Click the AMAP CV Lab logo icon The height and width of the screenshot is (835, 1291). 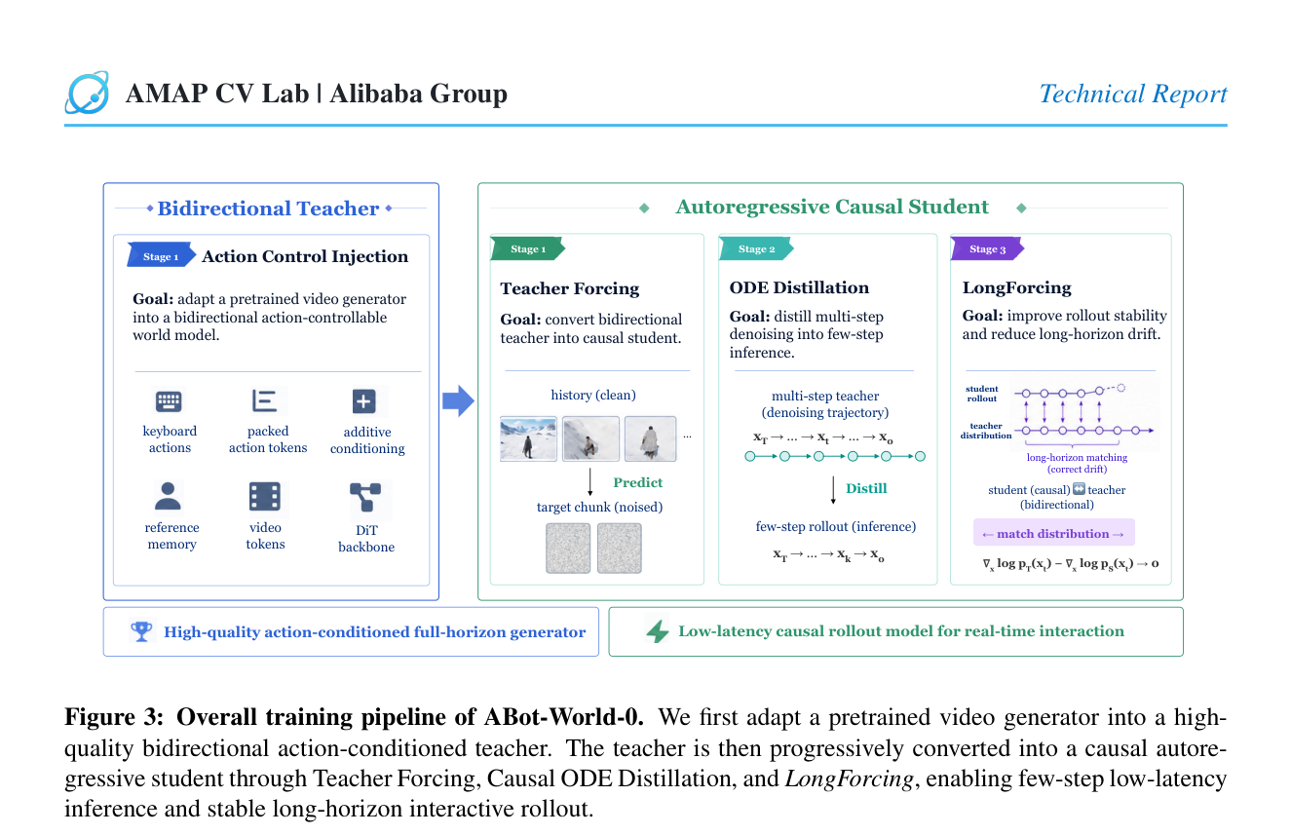tap(87, 93)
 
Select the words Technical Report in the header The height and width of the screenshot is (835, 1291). tap(1133, 94)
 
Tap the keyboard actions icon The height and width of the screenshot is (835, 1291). tap(169, 401)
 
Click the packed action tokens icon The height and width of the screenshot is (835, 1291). tap(265, 401)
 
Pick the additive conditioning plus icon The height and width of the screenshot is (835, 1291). tap(364, 401)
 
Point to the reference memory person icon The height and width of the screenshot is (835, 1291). tap(168, 497)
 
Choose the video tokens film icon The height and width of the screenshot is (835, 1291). tap(265, 497)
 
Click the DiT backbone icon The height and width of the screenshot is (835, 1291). tap(365, 498)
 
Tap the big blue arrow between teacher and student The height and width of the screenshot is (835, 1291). tap(458, 400)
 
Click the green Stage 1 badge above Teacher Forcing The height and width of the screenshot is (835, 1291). tap(527, 249)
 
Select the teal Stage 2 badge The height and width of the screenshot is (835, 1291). tap(756, 249)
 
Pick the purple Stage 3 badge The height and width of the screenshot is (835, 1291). tap(987, 249)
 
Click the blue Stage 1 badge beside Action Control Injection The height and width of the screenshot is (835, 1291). tap(161, 256)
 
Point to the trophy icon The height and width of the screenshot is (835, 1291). tap(141, 631)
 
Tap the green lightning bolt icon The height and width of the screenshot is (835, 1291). tap(658, 631)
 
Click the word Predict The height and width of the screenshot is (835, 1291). tap(637, 482)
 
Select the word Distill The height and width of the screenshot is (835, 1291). tap(865, 488)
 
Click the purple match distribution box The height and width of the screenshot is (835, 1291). tap(1053, 533)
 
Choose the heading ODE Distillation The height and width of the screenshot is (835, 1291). tap(799, 287)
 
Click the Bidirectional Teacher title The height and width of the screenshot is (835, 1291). tap(268, 209)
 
